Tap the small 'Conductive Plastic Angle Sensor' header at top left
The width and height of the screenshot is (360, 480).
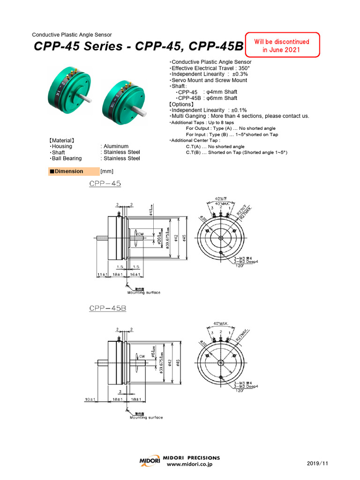tap(72, 35)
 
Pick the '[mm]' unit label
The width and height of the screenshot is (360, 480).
tap(107, 172)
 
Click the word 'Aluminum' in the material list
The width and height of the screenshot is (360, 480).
tap(116, 146)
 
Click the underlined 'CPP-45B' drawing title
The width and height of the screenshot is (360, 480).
tap(107, 308)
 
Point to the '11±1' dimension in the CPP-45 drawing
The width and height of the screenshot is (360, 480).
tap(102, 274)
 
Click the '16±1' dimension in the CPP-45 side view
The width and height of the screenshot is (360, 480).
tap(136, 274)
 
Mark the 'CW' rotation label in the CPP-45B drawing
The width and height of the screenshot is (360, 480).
tap(141, 356)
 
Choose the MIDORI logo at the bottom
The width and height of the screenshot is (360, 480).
tap(150, 461)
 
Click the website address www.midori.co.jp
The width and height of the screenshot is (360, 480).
tap(190, 464)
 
